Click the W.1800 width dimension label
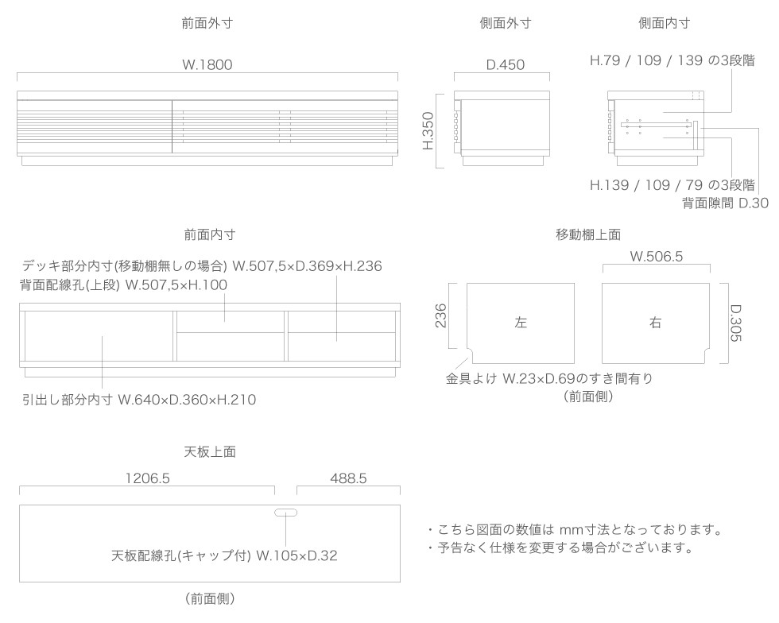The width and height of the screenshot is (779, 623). coord(207,64)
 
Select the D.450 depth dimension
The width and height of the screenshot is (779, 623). coord(506,64)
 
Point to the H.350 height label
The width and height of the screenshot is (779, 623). coord(428,130)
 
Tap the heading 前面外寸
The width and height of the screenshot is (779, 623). coord(207,23)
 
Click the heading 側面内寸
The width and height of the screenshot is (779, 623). coord(665,23)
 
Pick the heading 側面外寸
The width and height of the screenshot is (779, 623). coord(506,23)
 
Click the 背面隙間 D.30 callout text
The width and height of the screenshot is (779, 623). coord(725,203)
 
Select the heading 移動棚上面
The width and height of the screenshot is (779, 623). coord(588,234)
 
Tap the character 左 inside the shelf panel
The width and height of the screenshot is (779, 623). coord(520,323)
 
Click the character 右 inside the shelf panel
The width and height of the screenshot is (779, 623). coord(655,323)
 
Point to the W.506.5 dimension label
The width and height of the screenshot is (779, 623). coord(657,257)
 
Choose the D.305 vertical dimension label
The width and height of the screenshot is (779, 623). coord(736,323)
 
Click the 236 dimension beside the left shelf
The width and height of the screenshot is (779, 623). coord(440,316)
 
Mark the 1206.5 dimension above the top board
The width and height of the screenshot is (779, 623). coord(148,478)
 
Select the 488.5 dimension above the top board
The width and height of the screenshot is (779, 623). coord(348,478)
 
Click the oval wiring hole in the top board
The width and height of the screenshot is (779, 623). coord(285,513)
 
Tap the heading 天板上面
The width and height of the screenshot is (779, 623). coord(210,451)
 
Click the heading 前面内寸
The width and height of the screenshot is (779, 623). coord(210,234)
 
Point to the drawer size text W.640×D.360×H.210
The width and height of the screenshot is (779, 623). coord(187,400)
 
